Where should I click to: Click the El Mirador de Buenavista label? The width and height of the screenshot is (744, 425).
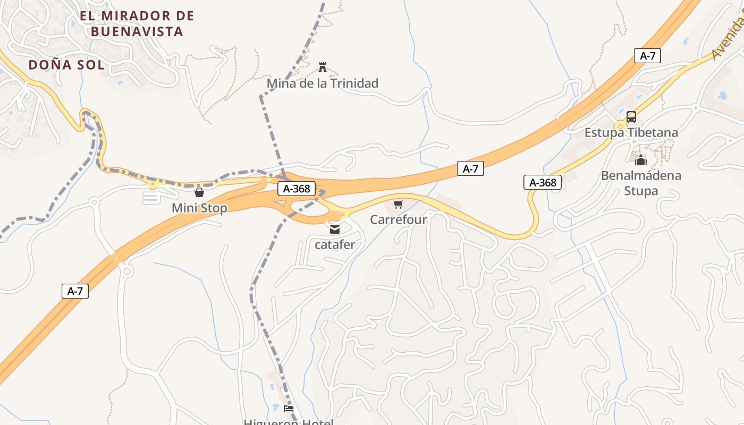coord(137,23)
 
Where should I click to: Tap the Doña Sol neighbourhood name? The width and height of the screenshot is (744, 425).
coord(66,65)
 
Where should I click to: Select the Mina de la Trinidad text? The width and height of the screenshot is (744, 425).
coord(322,83)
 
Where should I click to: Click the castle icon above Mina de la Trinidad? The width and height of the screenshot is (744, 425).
coord(322,67)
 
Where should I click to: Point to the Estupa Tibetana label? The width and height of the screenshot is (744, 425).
coord(631,132)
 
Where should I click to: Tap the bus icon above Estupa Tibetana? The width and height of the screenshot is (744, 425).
coord(631,116)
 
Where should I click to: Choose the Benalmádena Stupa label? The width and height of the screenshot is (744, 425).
coord(641,183)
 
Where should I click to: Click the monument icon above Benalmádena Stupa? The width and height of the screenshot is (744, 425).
coord(641,159)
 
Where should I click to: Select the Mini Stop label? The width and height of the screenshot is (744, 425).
coord(199,208)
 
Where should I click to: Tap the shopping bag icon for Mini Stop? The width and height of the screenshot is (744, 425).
coord(199,192)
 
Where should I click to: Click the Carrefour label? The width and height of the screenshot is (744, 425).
coord(399,219)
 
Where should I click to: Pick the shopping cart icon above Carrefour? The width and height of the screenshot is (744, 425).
coord(399,204)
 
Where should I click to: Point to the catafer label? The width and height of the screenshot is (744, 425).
coord(335,245)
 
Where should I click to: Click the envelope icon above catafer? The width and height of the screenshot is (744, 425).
coord(334,229)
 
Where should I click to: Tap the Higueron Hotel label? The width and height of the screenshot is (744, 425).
coord(289,422)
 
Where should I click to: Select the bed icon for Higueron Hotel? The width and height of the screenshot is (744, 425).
coord(289,409)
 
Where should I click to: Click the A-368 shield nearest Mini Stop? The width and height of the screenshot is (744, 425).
coord(297,189)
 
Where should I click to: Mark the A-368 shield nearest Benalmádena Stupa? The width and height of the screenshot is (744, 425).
coord(542,183)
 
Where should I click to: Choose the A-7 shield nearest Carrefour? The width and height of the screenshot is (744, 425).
coord(470,169)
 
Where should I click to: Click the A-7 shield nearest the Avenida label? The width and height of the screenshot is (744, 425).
coord(647,56)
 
